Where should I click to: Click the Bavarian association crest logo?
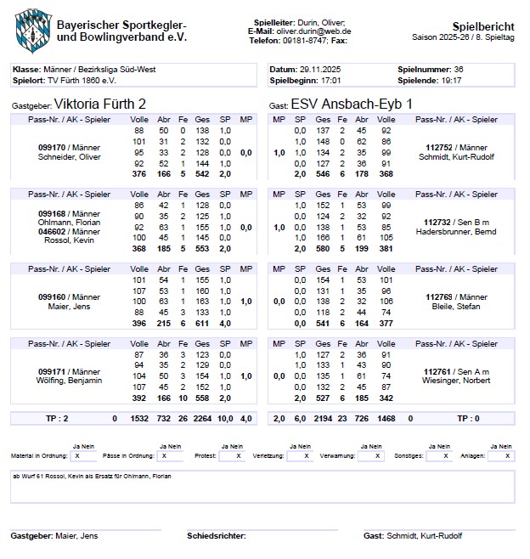[x=32, y=28]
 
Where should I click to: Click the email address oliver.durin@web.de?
[x=313, y=31]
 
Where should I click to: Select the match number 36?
[x=459, y=69]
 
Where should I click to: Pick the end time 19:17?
[x=451, y=80]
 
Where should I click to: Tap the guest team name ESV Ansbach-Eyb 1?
[x=352, y=103]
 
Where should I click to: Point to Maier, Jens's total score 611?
[x=202, y=323]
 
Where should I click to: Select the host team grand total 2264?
[x=203, y=419]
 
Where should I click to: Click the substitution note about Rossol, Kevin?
[x=92, y=477]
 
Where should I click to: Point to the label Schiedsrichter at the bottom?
[x=216, y=536]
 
